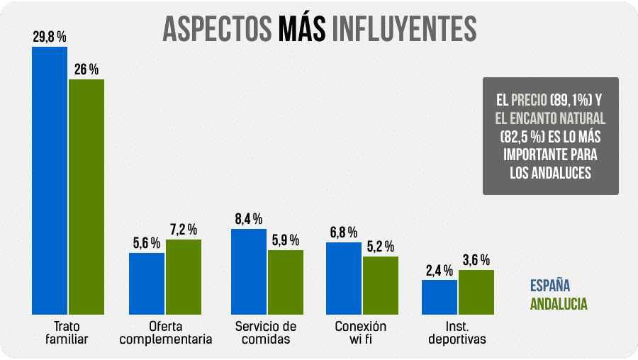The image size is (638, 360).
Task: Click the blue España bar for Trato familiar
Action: pyautogui.click(x=50, y=181)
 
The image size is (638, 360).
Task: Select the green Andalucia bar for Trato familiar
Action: pyautogui.click(x=86, y=196)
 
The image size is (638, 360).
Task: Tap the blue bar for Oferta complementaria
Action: pyautogui.click(x=147, y=283)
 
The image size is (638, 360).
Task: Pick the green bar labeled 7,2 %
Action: pyautogui.click(x=183, y=276)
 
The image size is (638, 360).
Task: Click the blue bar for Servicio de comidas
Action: pyautogui.click(x=249, y=271)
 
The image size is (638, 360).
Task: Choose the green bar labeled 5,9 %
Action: pyautogui.click(x=286, y=282)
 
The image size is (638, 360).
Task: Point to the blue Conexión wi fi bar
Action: pyautogui.click(x=344, y=278)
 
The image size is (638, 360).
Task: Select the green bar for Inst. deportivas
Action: pyautogui.click(x=476, y=292)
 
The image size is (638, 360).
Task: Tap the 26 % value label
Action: pyautogui.click(x=86, y=69)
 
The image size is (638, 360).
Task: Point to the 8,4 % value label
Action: pyautogui.click(x=249, y=219)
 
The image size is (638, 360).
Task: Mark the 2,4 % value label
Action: pyautogui.click(x=439, y=270)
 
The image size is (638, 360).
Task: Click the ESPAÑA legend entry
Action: pyautogui.click(x=550, y=287)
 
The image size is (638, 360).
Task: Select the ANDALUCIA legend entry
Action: pyautogui.click(x=559, y=304)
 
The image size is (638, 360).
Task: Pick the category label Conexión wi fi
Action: pyautogui.click(x=362, y=332)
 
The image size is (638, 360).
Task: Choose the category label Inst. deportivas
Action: pyautogui.click(x=457, y=332)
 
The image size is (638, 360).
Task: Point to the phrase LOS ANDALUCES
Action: pyautogui.click(x=550, y=172)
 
